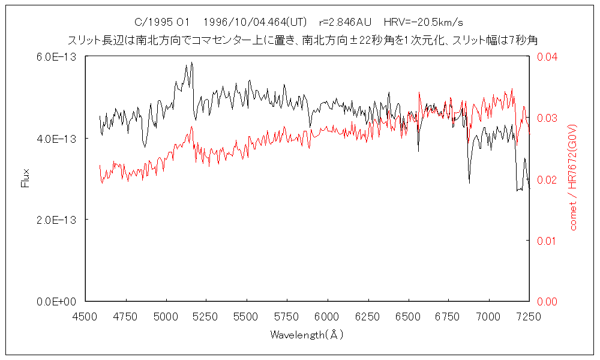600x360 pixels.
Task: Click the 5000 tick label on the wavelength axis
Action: tap(166, 316)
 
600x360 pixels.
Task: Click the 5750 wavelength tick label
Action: tap(287, 316)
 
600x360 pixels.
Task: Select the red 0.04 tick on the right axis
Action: tap(547, 57)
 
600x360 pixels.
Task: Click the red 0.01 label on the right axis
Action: tap(547, 241)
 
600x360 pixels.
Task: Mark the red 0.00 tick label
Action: tap(547, 301)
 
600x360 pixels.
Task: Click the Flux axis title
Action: tap(25, 178)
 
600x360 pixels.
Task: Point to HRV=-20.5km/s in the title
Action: tap(423, 23)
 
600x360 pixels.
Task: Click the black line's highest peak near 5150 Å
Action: tap(191, 62)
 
